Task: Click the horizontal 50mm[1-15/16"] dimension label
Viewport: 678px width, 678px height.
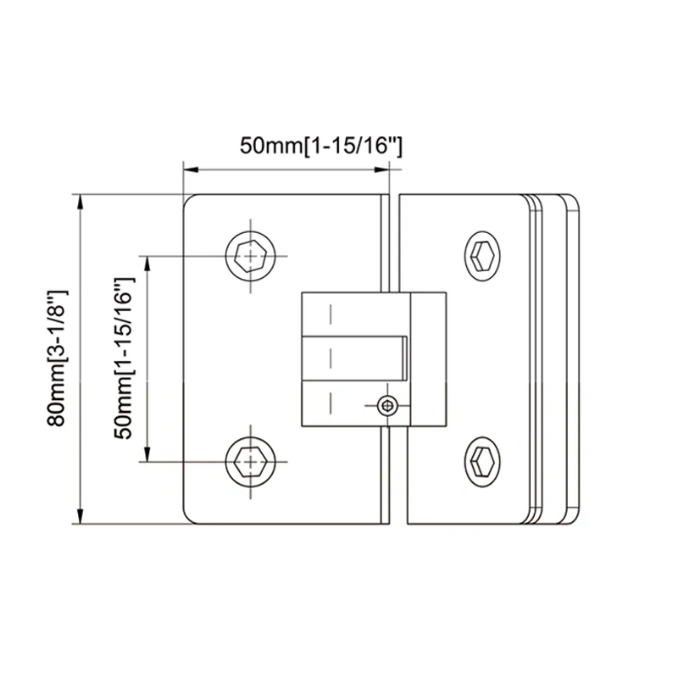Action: pyautogui.click(x=320, y=146)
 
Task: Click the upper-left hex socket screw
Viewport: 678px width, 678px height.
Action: pyautogui.click(x=252, y=255)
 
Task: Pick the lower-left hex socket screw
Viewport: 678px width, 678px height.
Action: pyautogui.click(x=252, y=462)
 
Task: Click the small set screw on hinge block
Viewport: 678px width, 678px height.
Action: pyautogui.click(x=387, y=407)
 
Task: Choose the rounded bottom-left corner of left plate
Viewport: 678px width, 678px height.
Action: pyautogui.click(x=192, y=516)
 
